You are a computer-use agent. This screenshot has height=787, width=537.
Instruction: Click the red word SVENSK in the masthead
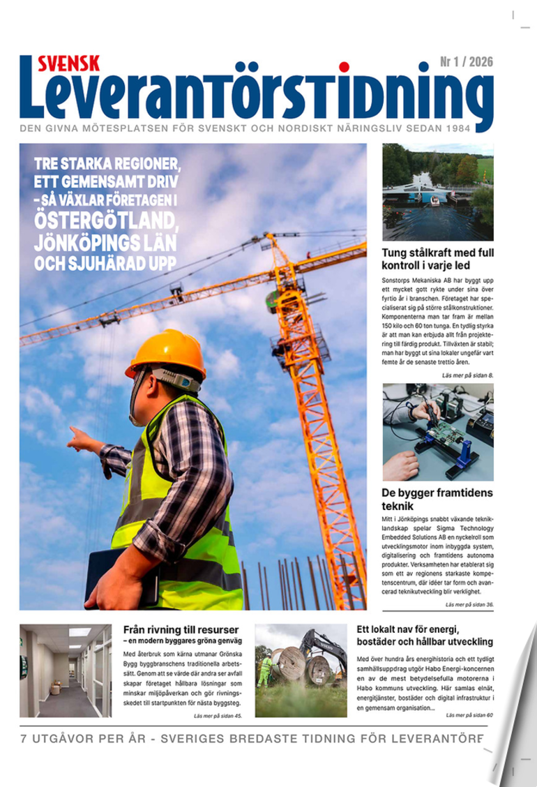click(x=68, y=63)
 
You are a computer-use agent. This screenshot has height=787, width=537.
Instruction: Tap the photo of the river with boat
click(x=438, y=192)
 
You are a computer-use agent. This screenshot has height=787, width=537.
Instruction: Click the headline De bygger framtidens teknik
click(x=437, y=499)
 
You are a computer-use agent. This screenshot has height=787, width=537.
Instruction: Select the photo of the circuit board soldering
click(x=438, y=432)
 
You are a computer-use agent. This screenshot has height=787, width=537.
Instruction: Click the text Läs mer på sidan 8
click(x=467, y=375)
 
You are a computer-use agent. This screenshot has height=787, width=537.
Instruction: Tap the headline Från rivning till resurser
click(x=181, y=629)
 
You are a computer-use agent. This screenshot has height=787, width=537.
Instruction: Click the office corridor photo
click(x=66, y=670)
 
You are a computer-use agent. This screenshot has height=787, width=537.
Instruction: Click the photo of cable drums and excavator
click(x=301, y=670)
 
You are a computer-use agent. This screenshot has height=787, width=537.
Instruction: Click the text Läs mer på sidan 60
click(x=469, y=714)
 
